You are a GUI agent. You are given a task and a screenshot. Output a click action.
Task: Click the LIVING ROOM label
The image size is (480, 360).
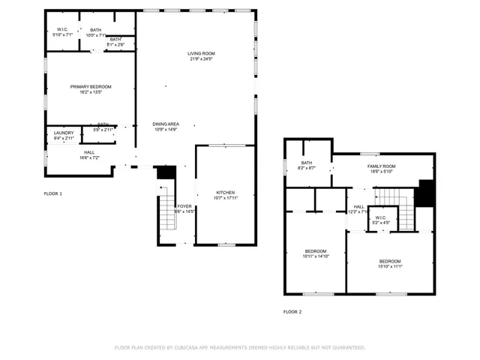[x=201, y=53]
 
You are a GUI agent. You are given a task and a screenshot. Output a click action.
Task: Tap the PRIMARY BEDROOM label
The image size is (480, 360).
[x=91, y=86]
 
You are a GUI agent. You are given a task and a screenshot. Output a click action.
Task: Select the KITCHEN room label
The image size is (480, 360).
[x=226, y=193]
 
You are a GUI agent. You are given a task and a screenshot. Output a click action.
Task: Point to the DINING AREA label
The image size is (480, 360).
[x=165, y=124]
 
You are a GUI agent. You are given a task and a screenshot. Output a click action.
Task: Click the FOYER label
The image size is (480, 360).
[x=184, y=205]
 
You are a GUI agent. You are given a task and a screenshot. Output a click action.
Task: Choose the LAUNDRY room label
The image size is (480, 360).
[x=64, y=133]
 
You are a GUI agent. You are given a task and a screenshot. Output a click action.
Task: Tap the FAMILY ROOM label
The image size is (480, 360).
[x=381, y=166]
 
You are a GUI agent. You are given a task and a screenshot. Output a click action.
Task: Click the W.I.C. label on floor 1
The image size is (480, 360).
[x=63, y=29]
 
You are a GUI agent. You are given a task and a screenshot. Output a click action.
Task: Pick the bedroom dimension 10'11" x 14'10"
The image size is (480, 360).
[x=316, y=256]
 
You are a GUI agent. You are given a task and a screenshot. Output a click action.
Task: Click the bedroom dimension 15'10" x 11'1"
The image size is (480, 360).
[x=390, y=265]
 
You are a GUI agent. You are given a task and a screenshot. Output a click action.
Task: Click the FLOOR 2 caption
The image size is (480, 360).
[x=292, y=311]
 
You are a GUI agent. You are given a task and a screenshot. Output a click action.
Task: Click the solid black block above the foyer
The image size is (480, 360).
[x=166, y=172]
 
